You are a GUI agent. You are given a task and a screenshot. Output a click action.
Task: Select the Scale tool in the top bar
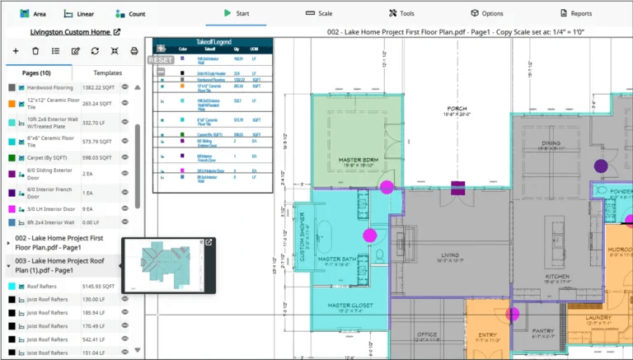(x=318, y=13)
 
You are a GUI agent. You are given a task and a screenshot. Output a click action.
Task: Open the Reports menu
(x=575, y=13)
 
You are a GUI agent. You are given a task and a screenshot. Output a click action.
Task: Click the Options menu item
(x=486, y=13)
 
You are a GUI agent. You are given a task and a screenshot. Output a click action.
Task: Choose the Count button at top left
(x=130, y=14)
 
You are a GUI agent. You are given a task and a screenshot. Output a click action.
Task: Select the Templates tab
(x=107, y=72)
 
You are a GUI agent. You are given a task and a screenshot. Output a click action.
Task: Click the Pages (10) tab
(x=36, y=72)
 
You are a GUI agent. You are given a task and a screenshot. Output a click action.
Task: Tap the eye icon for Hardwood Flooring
(x=125, y=86)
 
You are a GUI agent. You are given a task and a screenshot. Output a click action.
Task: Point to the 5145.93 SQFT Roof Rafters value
(x=99, y=286)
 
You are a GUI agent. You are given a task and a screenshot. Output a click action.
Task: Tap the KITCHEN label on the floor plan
(x=556, y=275)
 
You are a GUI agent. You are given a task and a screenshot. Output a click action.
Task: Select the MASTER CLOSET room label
(x=351, y=306)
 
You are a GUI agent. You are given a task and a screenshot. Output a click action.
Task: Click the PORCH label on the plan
(x=457, y=109)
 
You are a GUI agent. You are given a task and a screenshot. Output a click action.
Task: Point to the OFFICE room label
(x=426, y=334)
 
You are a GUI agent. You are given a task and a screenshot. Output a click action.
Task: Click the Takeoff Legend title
(x=212, y=42)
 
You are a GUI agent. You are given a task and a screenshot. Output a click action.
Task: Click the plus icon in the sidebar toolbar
(x=15, y=51)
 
